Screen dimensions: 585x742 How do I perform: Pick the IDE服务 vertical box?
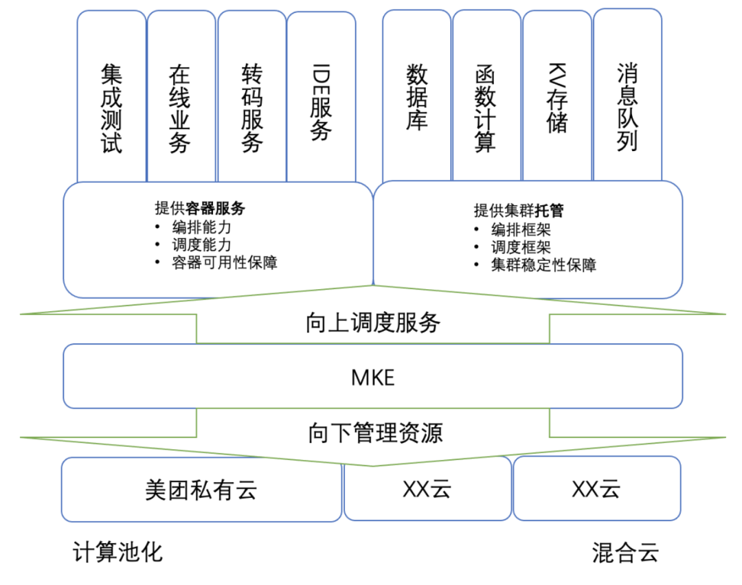[x=322, y=103]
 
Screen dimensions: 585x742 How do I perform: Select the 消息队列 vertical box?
[x=627, y=106]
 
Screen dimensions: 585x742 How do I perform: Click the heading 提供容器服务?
[x=200, y=209]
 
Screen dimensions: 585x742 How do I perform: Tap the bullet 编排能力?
[x=202, y=227]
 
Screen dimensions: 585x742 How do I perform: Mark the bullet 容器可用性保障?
[x=225, y=262]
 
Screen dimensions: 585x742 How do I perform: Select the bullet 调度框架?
[x=521, y=247]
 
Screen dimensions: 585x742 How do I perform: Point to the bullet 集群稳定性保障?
[x=543, y=265]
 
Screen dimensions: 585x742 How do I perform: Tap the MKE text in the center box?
[x=372, y=377]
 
